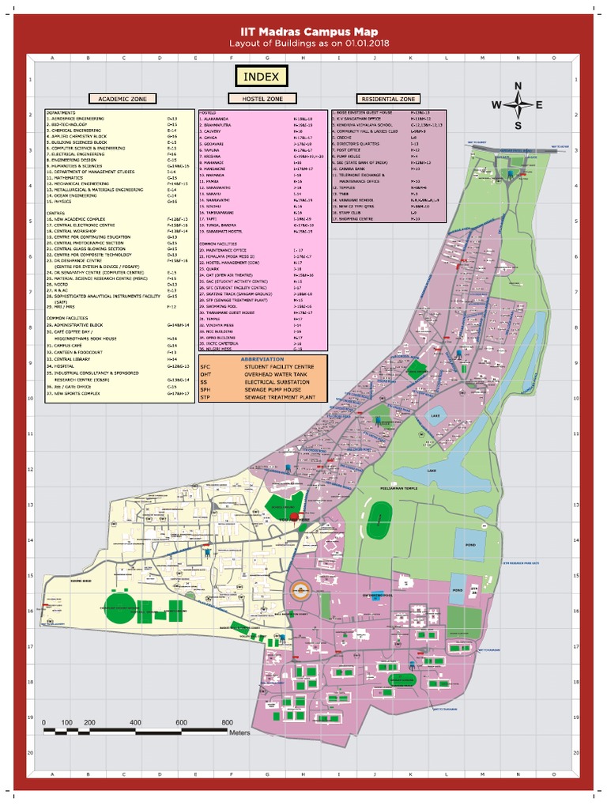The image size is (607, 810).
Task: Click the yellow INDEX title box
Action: point(261,77)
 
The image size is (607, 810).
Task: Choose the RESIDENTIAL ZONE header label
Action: point(388,100)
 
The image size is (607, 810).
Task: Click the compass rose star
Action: point(518,105)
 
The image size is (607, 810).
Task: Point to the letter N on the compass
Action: point(518,85)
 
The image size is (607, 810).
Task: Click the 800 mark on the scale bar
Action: point(228,723)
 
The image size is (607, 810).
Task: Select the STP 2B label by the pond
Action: point(475,590)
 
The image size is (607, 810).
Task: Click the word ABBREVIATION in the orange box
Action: point(261,359)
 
